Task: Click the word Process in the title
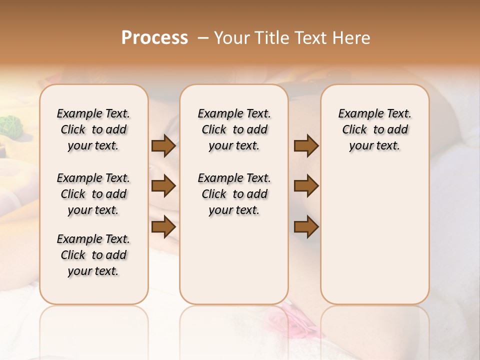click(x=154, y=37)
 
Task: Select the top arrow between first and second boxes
click(x=163, y=146)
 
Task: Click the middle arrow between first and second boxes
click(x=163, y=186)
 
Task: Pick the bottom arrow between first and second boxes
click(x=163, y=227)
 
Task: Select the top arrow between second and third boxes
click(x=306, y=146)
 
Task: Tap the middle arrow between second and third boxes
click(x=306, y=186)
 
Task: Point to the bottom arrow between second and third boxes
click(x=306, y=227)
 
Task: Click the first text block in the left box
click(x=93, y=129)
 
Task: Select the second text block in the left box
click(x=93, y=194)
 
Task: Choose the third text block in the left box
click(x=93, y=255)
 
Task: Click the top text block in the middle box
click(x=234, y=129)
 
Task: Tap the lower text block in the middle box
click(x=234, y=194)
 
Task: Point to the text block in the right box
click(x=374, y=129)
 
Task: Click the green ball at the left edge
click(x=9, y=125)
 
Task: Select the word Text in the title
click(x=309, y=38)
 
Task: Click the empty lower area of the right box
click(x=374, y=240)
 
